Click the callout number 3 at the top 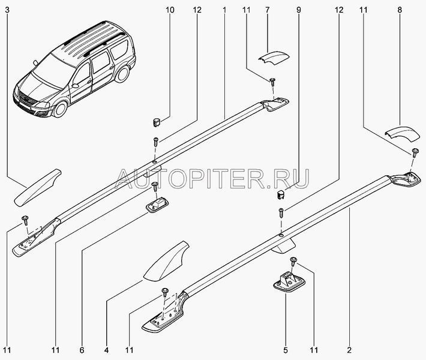coord(7,10)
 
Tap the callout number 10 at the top coord(170,10)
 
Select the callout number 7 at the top coord(268,10)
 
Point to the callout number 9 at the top coord(299,10)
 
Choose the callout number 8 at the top coord(400,10)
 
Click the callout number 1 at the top coord(224,10)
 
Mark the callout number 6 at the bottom coord(82,350)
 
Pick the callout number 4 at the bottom coord(107,350)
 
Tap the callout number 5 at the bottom coord(285,350)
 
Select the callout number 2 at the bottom coord(349,350)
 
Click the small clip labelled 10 coord(155,122)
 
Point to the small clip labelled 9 coord(280,195)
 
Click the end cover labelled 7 coord(274,58)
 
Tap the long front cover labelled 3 coord(37,188)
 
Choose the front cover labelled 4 coord(166,261)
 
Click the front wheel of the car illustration coord(61,108)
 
